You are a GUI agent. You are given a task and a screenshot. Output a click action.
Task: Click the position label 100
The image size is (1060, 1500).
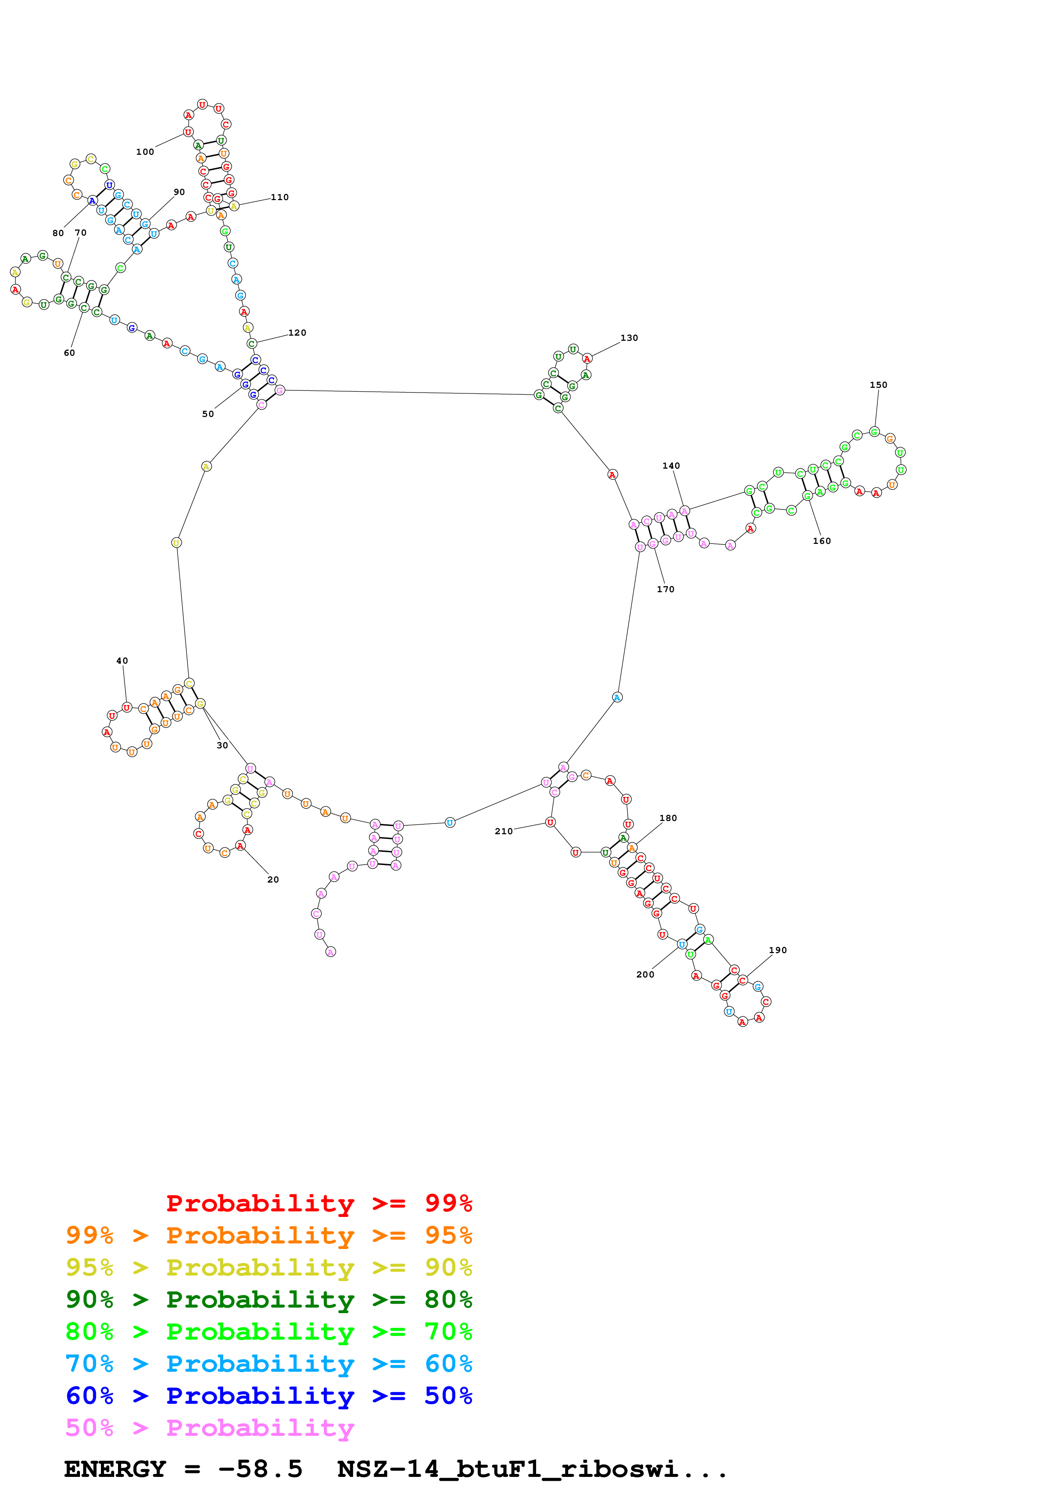(x=145, y=152)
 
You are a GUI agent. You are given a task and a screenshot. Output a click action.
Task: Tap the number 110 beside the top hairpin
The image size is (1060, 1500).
(x=280, y=197)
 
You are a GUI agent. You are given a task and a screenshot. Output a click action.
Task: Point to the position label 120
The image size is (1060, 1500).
(x=297, y=333)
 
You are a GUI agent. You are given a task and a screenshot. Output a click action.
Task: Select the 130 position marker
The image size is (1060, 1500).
(x=629, y=338)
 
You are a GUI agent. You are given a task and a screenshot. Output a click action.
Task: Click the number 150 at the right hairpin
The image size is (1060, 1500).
(x=878, y=385)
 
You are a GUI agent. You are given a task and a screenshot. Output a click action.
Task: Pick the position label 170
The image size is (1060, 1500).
(x=665, y=589)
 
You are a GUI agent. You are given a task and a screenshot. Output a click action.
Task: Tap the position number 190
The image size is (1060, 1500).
(x=778, y=951)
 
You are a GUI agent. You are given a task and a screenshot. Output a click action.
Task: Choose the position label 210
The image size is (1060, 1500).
(x=504, y=832)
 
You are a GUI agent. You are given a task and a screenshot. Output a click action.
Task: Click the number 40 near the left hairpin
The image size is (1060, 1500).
(x=122, y=661)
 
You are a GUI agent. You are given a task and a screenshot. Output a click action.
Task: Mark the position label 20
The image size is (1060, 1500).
(x=273, y=880)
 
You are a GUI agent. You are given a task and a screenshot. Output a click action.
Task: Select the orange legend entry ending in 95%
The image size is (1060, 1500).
(x=269, y=1235)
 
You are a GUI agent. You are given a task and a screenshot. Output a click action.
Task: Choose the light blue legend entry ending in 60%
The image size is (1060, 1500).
(x=269, y=1364)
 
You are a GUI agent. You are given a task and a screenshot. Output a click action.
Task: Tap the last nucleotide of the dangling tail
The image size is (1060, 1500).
(x=331, y=952)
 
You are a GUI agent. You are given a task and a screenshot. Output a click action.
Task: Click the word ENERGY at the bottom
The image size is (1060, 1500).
(x=115, y=1469)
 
